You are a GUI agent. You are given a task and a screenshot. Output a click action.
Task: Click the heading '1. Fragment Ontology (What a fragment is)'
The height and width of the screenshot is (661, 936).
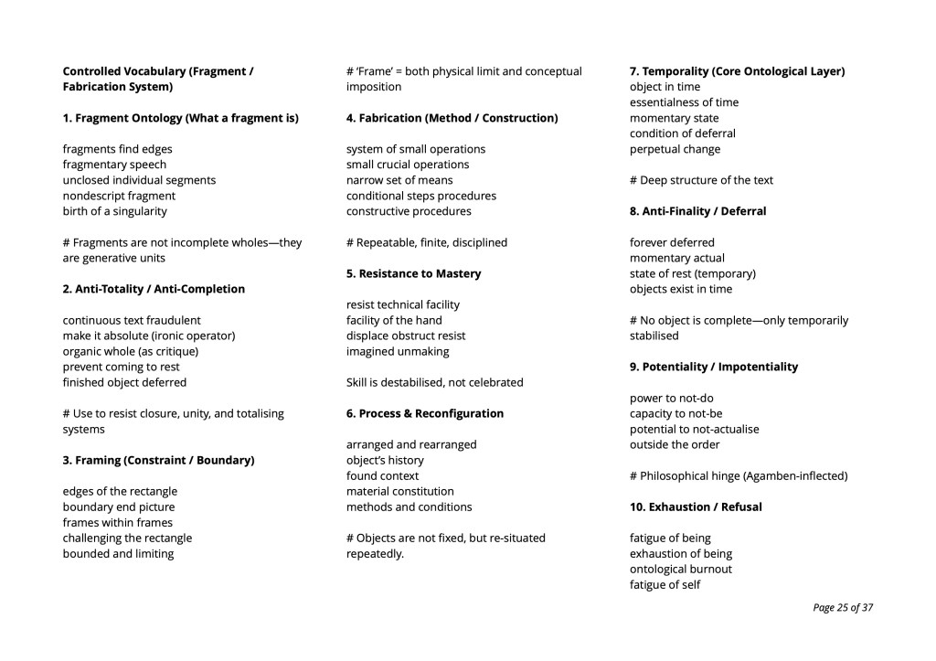coord(180,118)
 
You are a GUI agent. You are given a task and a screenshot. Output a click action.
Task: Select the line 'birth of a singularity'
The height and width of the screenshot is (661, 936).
coord(114,211)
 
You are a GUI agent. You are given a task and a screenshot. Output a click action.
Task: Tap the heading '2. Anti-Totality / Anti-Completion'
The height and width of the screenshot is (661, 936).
coord(154,289)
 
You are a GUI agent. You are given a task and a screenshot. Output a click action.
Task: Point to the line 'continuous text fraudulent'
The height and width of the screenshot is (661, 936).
coord(132,320)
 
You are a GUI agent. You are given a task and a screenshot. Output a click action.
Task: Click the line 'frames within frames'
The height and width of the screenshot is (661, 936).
coord(117,522)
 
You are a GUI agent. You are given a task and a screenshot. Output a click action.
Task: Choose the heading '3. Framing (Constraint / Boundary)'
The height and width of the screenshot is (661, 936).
coord(158,460)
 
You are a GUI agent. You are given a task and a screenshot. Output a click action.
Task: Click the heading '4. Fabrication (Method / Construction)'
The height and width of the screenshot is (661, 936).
coord(452,118)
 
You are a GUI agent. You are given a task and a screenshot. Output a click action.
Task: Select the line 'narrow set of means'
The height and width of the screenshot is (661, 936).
coord(399,180)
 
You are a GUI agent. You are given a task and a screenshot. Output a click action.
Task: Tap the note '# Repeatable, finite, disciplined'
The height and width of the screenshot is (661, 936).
coord(426,242)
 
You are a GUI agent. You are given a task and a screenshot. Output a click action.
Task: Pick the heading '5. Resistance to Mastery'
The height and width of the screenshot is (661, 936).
coord(413,273)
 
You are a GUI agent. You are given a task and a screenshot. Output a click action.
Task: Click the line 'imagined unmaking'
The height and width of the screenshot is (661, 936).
coord(398,351)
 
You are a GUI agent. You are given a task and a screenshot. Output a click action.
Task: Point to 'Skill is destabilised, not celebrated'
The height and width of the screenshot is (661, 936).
coord(434,382)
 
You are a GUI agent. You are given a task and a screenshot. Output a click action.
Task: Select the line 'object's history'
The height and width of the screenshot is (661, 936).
coord(385,460)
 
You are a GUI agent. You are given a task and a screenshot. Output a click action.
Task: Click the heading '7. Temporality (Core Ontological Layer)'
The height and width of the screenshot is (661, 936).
coord(737,71)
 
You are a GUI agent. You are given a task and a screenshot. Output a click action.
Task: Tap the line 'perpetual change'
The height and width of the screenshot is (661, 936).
coord(675,149)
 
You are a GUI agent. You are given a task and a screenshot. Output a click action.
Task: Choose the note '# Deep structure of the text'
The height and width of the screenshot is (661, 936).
coord(701,180)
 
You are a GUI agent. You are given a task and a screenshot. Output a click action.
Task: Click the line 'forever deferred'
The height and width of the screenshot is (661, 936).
coord(672,242)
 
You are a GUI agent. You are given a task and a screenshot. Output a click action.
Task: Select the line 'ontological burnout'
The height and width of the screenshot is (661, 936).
coord(680,569)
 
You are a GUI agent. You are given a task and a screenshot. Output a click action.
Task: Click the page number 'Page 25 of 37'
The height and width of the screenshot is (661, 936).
coord(842,607)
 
